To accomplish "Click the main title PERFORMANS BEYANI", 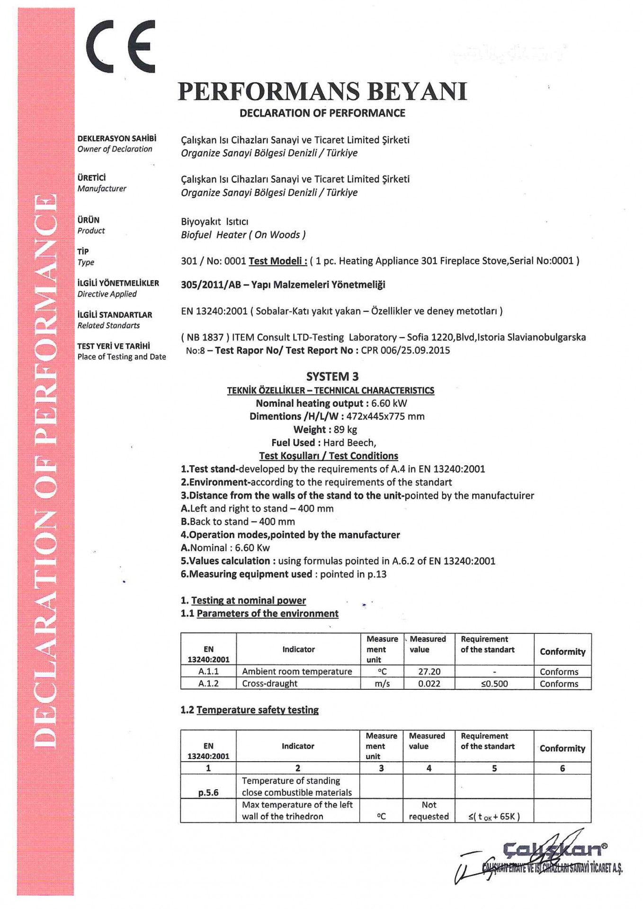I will click(x=322, y=91).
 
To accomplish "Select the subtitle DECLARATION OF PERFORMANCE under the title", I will click(x=322, y=113).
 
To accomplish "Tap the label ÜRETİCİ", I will click(x=92, y=178).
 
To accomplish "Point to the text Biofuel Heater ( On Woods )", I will click(x=243, y=235).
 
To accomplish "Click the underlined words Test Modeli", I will click(x=277, y=261).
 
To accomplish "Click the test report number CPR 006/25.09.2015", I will click(x=405, y=350).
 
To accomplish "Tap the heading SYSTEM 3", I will click(x=332, y=376).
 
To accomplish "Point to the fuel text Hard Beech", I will click(x=349, y=443).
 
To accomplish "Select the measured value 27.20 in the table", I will click(x=429, y=671).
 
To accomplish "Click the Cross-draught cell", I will click(x=269, y=683).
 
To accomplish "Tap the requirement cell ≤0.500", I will click(x=494, y=684).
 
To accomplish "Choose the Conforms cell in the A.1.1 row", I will click(x=559, y=671).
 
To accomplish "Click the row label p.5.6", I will click(x=208, y=793).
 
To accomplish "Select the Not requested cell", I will click(x=429, y=811).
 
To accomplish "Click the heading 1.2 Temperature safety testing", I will click(x=250, y=710).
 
